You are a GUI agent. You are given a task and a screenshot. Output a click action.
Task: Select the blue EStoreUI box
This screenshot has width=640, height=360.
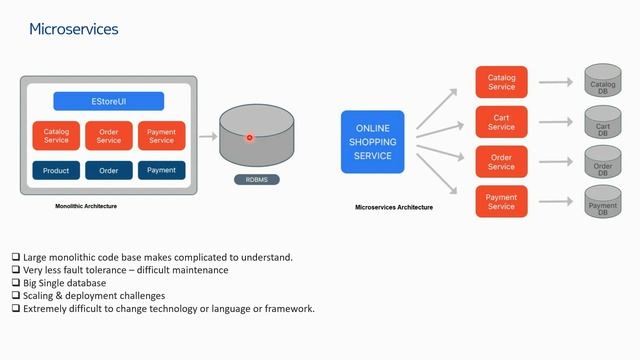click(108, 100)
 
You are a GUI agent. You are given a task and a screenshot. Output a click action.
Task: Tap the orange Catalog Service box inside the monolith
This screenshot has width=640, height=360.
click(56, 135)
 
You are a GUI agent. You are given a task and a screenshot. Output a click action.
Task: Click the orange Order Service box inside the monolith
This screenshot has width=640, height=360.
click(108, 135)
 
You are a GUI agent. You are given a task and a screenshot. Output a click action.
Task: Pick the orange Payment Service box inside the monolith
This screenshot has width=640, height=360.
click(161, 135)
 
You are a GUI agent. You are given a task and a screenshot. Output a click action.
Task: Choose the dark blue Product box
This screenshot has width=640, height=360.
click(56, 170)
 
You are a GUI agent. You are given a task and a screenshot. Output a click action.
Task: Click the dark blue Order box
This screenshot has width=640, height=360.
click(108, 170)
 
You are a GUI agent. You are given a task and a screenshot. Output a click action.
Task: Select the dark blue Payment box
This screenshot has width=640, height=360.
click(161, 170)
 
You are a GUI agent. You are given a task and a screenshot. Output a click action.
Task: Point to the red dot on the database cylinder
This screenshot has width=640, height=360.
click(250, 137)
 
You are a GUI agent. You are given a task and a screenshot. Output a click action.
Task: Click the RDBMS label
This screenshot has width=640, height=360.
click(257, 180)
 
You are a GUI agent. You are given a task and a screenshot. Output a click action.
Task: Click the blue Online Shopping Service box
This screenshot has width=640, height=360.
click(372, 141)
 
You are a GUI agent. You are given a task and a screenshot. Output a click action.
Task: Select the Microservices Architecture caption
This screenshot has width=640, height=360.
click(394, 207)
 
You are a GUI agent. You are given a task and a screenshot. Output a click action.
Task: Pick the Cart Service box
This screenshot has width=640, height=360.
click(501, 122)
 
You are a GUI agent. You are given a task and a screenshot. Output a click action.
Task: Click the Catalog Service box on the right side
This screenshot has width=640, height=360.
click(501, 82)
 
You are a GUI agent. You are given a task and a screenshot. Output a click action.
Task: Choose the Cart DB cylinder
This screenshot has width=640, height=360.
click(603, 123)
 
